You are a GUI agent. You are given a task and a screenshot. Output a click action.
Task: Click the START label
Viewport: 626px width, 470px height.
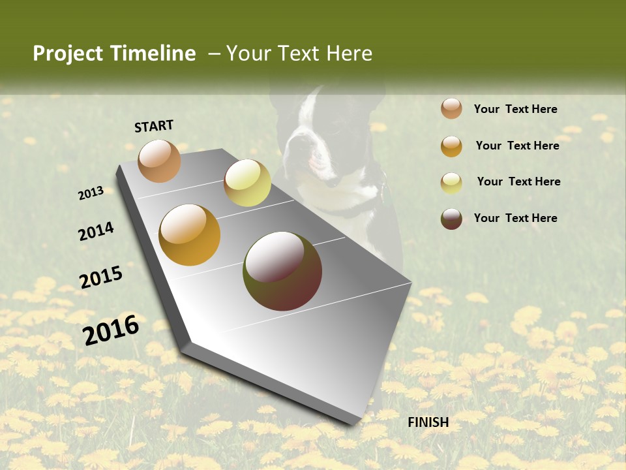pyautogui.click(x=154, y=126)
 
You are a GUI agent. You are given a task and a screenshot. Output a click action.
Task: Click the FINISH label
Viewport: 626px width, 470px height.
pyautogui.click(x=428, y=422)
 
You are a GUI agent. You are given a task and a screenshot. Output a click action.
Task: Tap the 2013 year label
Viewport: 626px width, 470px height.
pyautogui.click(x=91, y=193)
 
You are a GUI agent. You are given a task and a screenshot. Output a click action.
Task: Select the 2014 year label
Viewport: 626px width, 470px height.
pyautogui.click(x=96, y=231)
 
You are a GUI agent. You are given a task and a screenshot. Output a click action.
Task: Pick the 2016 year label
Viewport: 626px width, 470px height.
pyautogui.click(x=111, y=330)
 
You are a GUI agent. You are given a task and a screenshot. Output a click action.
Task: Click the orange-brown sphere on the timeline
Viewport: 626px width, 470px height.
pyautogui.click(x=159, y=161)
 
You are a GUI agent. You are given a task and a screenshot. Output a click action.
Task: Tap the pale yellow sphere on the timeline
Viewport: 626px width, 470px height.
pyautogui.click(x=247, y=183)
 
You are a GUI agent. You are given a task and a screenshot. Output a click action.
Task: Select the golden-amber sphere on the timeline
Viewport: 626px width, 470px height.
pyautogui.click(x=190, y=235)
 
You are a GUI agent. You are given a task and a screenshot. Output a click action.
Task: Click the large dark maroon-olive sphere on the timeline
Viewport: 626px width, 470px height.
pyautogui.click(x=282, y=271)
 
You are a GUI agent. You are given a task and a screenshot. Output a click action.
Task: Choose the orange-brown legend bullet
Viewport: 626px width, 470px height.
pyautogui.click(x=451, y=108)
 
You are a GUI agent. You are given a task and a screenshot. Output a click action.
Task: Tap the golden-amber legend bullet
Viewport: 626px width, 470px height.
pyautogui.click(x=451, y=146)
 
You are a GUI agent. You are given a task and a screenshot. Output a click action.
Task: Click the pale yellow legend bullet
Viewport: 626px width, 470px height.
pyautogui.click(x=451, y=183)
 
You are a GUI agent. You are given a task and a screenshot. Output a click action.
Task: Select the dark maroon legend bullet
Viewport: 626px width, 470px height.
pyautogui.click(x=451, y=219)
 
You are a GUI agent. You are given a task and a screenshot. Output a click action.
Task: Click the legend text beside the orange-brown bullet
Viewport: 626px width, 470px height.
pyautogui.click(x=515, y=109)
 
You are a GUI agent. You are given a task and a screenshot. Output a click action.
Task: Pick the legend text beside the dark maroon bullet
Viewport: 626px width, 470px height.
pyautogui.click(x=515, y=218)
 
